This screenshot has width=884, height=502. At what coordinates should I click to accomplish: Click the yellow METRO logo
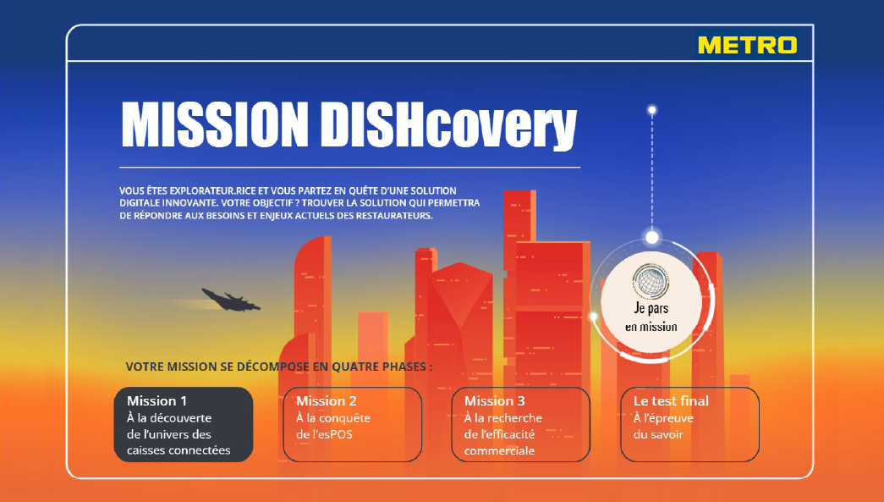pyautogui.click(x=748, y=45)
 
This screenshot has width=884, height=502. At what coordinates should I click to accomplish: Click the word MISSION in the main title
pyautogui.click(x=215, y=125)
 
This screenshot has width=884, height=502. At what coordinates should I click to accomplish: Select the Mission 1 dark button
pyautogui.click(x=184, y=424)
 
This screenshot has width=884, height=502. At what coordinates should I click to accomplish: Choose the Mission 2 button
pyautogui.click(x=353, y=424)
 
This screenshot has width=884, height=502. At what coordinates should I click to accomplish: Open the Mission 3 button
pyautogui.click(x=521, y=424)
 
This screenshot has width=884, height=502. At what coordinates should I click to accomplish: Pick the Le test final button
pyautogui.click(x=689, y=424)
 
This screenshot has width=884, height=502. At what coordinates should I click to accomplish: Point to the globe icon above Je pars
pyautogui.click(x=651, y=281)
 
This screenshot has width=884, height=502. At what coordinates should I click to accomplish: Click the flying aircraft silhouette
pyautogui.click(x=231, y=300)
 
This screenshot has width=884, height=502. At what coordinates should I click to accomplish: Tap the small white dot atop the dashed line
pyautogui.click(x=651, y=110)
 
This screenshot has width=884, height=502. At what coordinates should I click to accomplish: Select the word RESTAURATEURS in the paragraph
pyautogui.click(x=393, y=216)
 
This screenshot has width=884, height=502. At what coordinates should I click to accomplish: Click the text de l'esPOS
pyautogui.click(x=324, y=434)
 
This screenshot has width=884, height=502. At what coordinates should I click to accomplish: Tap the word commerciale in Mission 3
pyautogui.click(x=499, y=450)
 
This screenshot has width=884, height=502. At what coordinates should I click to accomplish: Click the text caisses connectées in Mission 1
pyautogui.click(x=178, y=450)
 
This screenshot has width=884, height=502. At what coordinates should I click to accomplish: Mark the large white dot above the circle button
pyautogui.click(x=651, y=237)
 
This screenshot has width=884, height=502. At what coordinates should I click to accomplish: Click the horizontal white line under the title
pyautogui.click(x=349, y=168)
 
